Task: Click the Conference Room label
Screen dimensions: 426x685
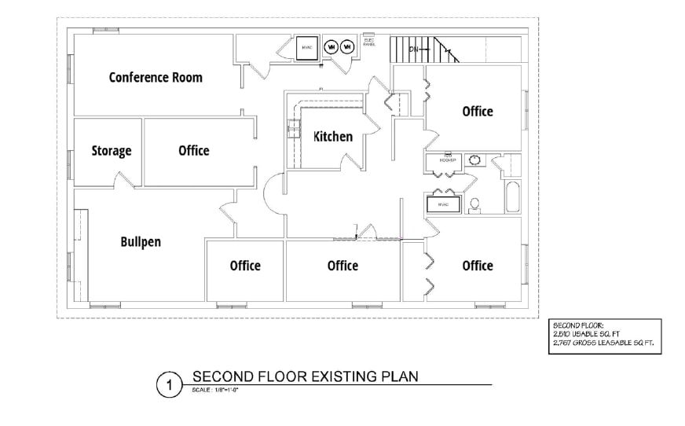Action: tap(156, 77)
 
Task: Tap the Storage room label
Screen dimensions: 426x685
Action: tap(111, 151)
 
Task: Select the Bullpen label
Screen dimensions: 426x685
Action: tap(141, 241)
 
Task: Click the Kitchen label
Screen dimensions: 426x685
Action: tap(333, 137)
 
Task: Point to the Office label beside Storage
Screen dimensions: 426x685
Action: tap(193, 150)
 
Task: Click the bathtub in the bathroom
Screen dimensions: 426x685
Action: tap(512, 197)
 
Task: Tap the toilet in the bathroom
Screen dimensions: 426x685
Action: tap(474, 204)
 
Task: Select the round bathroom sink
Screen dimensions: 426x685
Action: tap(474, 160)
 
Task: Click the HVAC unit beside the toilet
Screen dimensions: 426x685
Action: tap(443, 204)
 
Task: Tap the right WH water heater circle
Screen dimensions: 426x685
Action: tap(347, 47)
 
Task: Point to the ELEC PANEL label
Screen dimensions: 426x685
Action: tap(368, 42)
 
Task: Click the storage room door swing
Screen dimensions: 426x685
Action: tap(125, 179)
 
